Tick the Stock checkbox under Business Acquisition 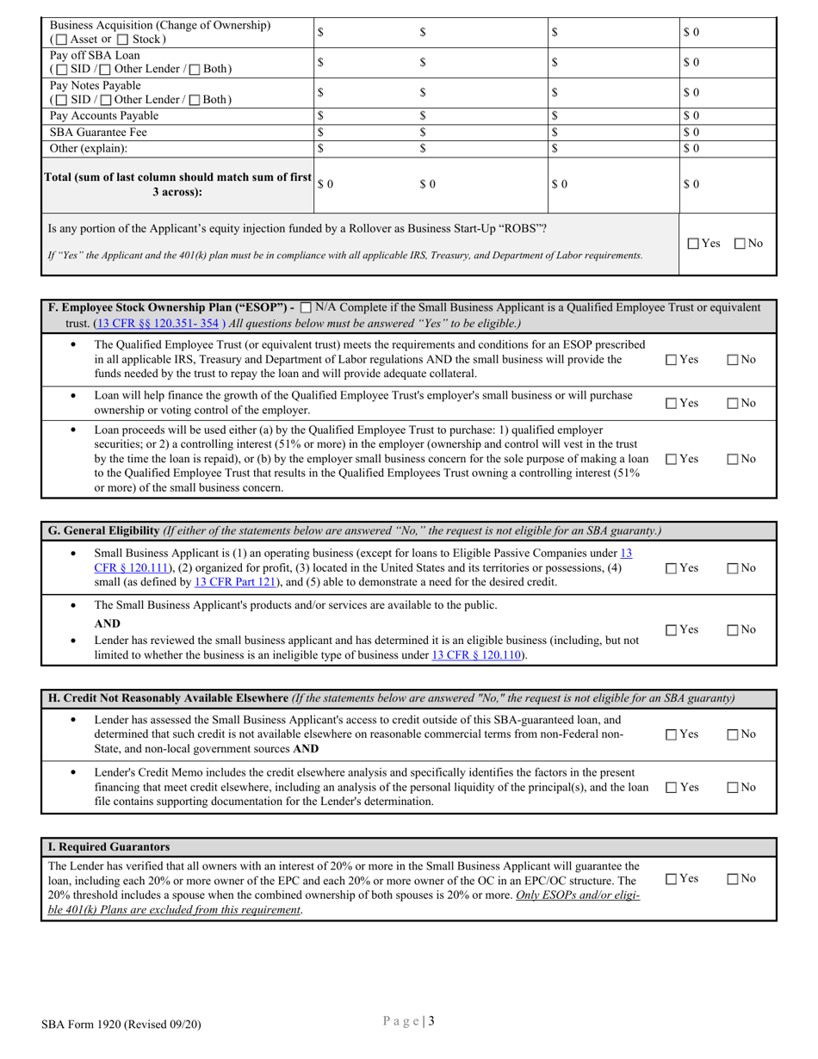[x=125, y=40]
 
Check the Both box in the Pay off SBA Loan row [x=196, y=70]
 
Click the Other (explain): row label [x=88, y=148]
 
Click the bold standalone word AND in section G [x=107, y=623]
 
